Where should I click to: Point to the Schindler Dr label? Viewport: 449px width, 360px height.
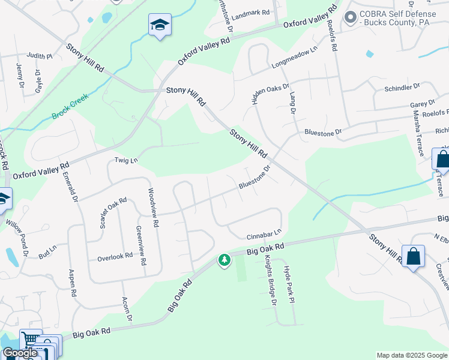coord(405,89)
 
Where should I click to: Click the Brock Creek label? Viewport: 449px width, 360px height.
coord(70,106)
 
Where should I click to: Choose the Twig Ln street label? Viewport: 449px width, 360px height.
coord(126,161)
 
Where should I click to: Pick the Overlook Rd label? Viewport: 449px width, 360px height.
coord(115,257)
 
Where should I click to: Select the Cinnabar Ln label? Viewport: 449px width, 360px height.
coord(264,233)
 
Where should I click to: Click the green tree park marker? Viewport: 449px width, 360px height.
coord(224,260)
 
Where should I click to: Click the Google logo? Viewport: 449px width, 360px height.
coord(19,353)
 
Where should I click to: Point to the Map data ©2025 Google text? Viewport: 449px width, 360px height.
coord(411,355)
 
